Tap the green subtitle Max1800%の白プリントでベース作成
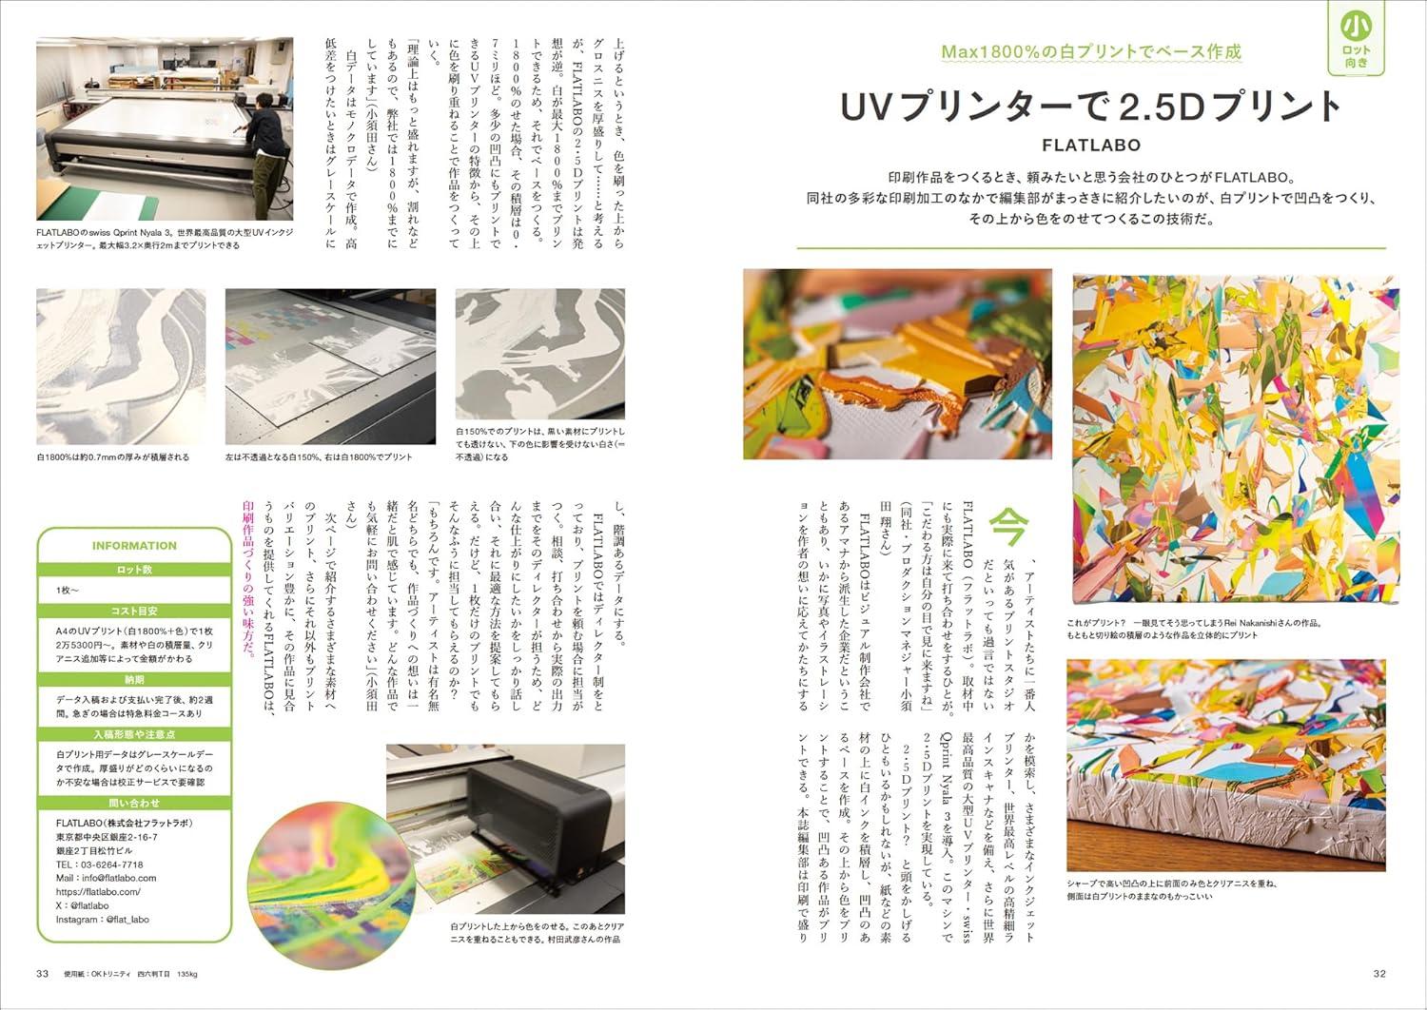point(1090,51)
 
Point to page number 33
point(43,973)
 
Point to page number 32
point(1379,973)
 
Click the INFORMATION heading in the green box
point(134,546)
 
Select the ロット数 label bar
point(134,571)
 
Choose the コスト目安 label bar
point(134,612)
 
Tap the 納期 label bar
point(134,680)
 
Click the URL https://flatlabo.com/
point(98,892)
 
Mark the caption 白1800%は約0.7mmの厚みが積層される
point(113,457)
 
